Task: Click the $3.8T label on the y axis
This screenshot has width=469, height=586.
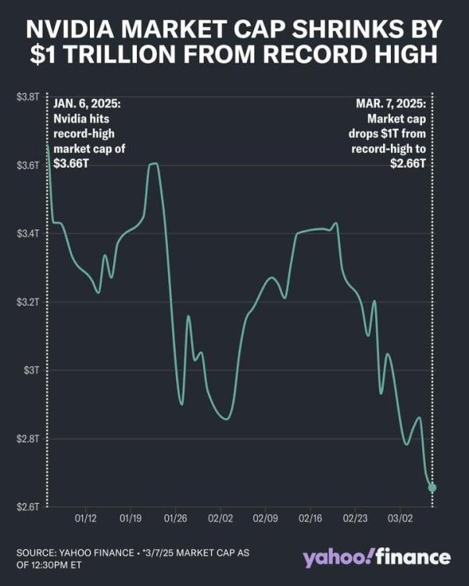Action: coord(27,97)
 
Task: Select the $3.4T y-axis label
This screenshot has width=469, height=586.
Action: coord(27,234)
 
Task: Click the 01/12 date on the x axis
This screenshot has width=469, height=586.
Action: coord(86,517)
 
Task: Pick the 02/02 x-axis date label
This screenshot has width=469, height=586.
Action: coord(221,517)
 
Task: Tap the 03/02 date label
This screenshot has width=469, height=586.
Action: coord(401,517)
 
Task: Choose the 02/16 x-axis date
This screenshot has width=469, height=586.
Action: coord(311,517)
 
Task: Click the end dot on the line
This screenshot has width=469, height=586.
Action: coord(432,488)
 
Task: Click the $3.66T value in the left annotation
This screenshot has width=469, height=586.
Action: coord(70,163)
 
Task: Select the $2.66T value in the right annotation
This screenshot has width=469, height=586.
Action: coord(408,163)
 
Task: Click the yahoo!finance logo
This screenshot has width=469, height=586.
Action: coord(377,558)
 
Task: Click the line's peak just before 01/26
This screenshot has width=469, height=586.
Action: coord(153,163)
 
